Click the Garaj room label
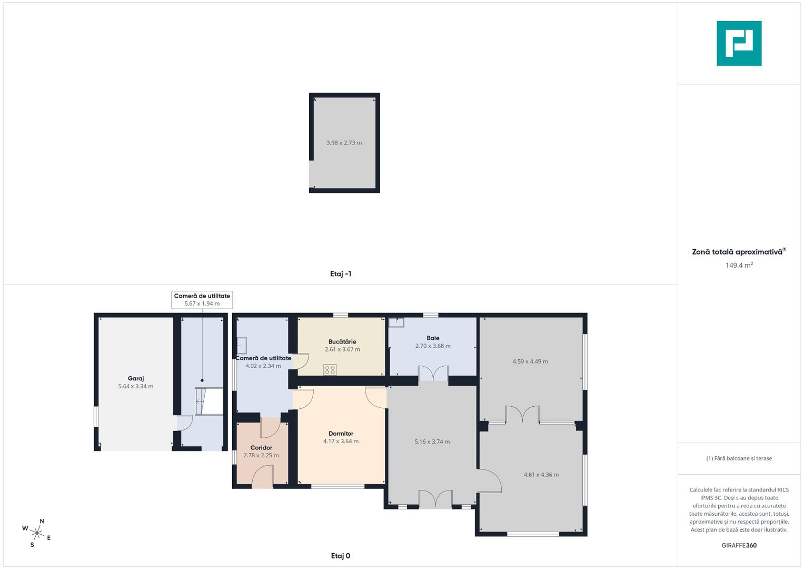[136, 378]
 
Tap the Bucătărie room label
[342, 341]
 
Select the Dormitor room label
[341, 434]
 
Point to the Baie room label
[433, 338]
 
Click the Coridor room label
[261, 448]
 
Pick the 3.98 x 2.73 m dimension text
[344, 143]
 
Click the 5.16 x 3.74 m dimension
[432, 442]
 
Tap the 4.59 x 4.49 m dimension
[530, 361]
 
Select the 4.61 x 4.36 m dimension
[541, 475]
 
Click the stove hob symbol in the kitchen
[330, 370]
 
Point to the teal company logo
[739, 43]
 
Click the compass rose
[37, 533]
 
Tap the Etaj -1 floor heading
[340, 274]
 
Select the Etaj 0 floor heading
[340, 556]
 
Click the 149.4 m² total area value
[739, 265]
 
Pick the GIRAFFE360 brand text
[739, 545]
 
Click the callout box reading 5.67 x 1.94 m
[202, 300]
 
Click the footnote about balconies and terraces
[739, 458]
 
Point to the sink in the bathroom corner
[396, 322]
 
